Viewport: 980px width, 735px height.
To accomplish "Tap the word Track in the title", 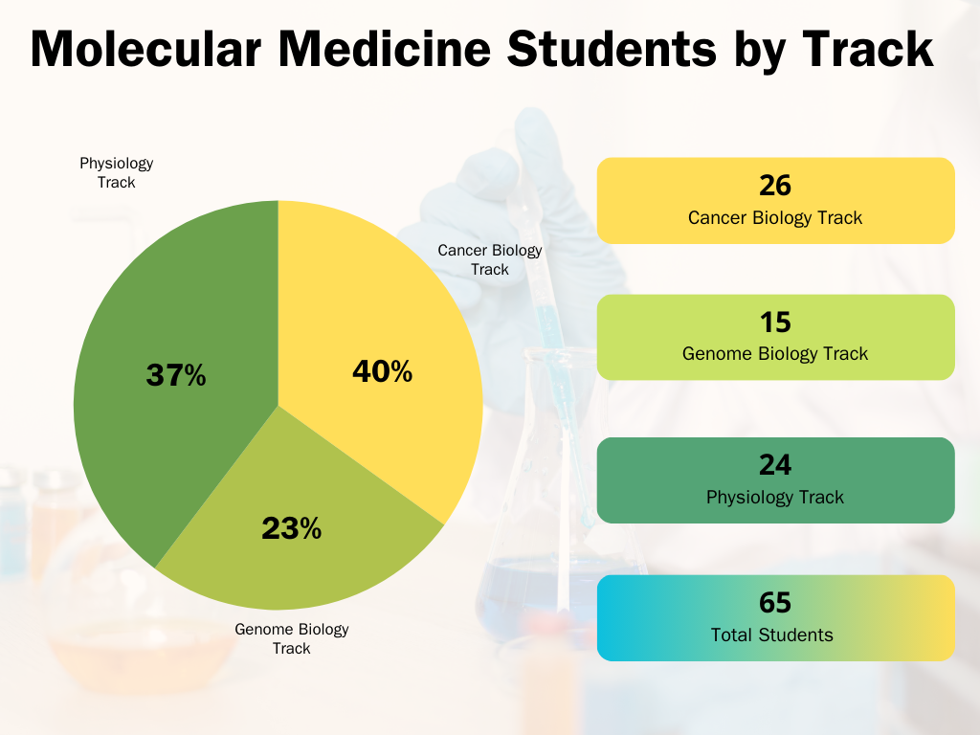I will click(868, 49).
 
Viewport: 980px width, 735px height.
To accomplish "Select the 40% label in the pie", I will click(382, 371).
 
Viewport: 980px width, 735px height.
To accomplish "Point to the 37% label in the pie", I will click(176, 376).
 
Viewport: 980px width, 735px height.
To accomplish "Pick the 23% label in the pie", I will click(291, 527).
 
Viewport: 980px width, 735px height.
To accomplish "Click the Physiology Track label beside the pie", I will click(116, 172).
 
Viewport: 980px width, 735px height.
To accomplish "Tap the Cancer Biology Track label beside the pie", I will click(490, 259).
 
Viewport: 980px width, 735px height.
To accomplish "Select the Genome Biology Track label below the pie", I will click(292, 638).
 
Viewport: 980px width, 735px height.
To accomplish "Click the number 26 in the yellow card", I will click(775, 185).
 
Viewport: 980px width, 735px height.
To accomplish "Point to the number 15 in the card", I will click(775, 322).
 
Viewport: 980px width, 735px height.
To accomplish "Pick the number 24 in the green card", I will click(775, 465).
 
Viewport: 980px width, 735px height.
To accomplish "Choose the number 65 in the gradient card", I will click(775, 603).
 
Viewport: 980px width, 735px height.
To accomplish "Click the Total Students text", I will click(772, 635).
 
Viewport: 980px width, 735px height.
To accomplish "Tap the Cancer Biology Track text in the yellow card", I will click(775, 218).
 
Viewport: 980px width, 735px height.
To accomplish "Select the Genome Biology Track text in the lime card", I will click(775, 354).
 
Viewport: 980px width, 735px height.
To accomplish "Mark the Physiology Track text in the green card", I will click(775, 498).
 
